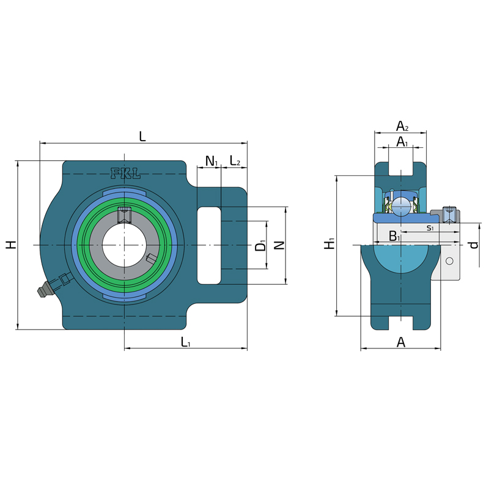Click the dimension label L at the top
(x=142, y=136)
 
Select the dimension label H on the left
(x=11, y=245)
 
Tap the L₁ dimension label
(x=186, y=342)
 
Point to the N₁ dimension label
(x=211, y=161)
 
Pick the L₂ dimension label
(x=235, y=161)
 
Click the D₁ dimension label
(x=260, y=245)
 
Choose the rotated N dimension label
(x=279, y=245)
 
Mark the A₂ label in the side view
(x=402, y=127)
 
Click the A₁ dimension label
(x=402, y=142)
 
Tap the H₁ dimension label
(x=329, y=243)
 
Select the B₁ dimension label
(x=394, y=237)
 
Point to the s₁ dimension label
(x=430, y=228)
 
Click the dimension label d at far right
(x=474, y=245)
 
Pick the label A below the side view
(x=401, y=342)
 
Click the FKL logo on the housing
(x=125, y=174)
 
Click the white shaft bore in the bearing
(x=125, y=245)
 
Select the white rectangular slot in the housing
(x=209, y=246)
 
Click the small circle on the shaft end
(x=449, y=261)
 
